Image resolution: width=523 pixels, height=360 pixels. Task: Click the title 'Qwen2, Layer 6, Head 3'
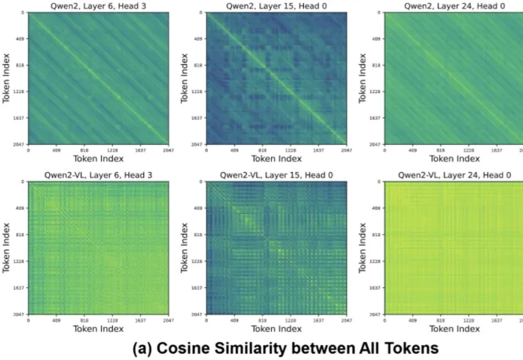coord(98,5)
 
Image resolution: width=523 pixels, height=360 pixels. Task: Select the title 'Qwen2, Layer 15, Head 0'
coord(277,5)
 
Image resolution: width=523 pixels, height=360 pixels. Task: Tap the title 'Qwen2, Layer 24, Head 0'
coord(454,5)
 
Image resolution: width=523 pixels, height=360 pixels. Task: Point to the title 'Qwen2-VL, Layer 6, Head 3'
coord(98,175)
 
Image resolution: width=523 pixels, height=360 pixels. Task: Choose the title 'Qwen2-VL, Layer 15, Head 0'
coord(277,175)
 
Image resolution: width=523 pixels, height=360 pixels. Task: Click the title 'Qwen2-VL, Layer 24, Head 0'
coord(454,175)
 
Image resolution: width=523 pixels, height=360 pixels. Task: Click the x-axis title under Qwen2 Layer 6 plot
coord(98,159)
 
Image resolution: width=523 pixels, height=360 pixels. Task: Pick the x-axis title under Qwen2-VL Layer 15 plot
coord(277,329)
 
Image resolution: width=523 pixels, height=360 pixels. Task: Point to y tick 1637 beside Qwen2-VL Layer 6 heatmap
coord(21,288)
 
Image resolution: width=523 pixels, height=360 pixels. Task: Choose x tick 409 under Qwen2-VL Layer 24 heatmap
coord(413,320)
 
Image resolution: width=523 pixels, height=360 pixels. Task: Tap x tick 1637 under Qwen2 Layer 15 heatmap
coord(319,150)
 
